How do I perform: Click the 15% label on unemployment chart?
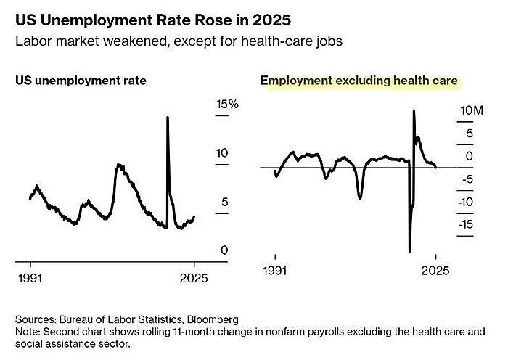point(227,105)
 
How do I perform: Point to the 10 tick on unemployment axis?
point(223,153)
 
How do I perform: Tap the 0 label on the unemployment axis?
point(224,250)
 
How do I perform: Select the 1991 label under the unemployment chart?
point(30,278)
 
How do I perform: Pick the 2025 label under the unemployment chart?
point(194,278)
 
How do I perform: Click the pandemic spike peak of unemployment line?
point(168,117)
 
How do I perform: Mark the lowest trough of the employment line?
point(410,251)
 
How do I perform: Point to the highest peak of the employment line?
point(414,110)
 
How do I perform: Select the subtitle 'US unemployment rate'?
point(81,81)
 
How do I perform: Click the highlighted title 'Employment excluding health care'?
point(359,81)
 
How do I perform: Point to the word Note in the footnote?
point(28,332)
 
